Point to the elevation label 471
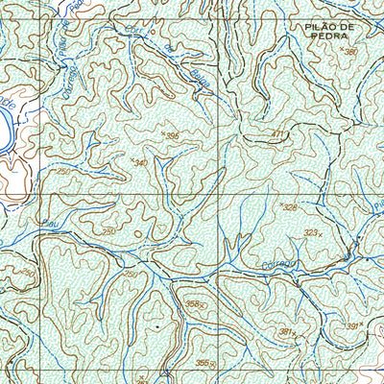tap(278, 134)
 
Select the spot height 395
tap(173, 137)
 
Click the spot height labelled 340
tap(141, 162)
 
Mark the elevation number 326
tap(289, 206)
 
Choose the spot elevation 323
tap(310, 232)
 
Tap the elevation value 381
tap(285, 331)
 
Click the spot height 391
tap(352, 326)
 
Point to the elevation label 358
tap(195, 304)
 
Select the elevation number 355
tap(203, 362)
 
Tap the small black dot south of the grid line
tap(151, 327)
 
